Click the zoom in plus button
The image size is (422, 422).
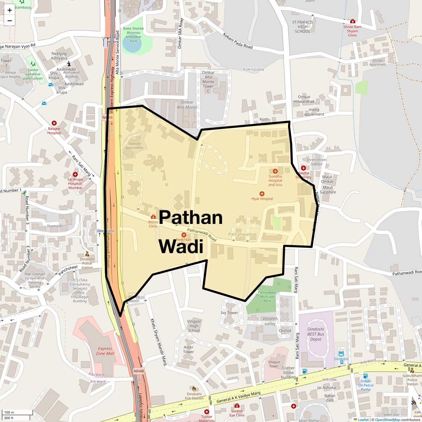click(9, 10)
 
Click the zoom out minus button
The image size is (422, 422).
click(9, 20)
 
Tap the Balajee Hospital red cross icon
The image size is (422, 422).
click(54, 123)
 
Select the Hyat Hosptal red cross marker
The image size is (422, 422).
click(262, 194)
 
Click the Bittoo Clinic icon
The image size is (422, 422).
click(153, 217)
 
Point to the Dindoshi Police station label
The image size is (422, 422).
click(87, 263)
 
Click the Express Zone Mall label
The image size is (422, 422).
click(105, 351)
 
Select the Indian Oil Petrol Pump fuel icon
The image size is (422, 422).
click(365, 376)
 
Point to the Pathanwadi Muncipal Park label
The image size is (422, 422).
click(267, 296)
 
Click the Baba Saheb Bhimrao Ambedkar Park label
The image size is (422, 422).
click(133, 35)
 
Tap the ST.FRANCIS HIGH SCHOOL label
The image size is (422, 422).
click(302, 27)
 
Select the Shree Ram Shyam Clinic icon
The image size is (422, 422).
click(353, 21)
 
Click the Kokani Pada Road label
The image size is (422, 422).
click(238, 41)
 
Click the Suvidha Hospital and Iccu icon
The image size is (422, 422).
click(275, 171)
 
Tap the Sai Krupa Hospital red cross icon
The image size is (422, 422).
click(75, 174)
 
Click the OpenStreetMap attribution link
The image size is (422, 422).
click(387, 420)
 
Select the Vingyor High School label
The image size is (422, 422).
click(194, 326)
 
